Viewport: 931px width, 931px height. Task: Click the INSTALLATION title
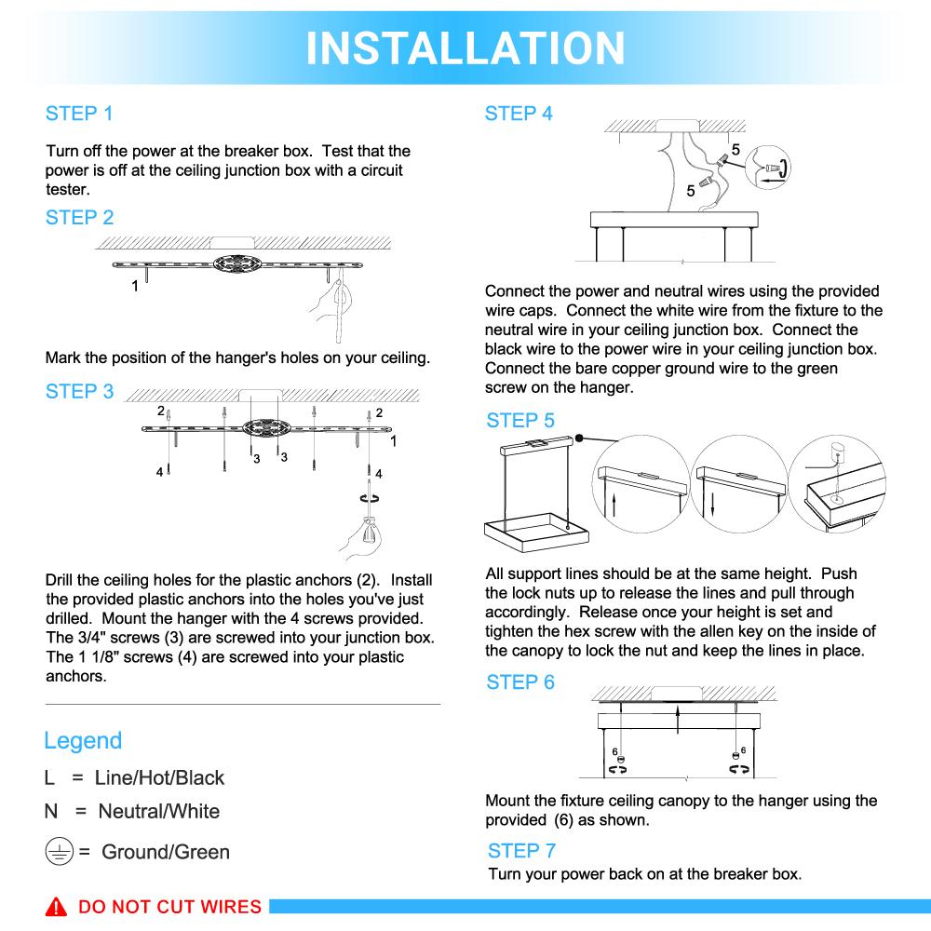coord(465,47)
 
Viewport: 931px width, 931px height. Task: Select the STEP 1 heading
coord(79,114)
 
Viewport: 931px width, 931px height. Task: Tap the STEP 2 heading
coord(79,218)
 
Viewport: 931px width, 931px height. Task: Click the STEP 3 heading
coord(79,392)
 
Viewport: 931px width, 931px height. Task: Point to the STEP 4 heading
coord(519,114)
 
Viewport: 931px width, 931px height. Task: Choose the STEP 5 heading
coord(519,421)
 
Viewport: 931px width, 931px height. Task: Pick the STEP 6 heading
coord(519,682)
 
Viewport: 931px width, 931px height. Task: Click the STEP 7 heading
coord(521,850)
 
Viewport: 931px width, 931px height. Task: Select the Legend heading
coord(83,741)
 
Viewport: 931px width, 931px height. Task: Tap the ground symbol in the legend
coord(59,851)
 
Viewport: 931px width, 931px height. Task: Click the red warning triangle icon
coord(59,907)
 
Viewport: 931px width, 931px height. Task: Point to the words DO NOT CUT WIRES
coord(169,907)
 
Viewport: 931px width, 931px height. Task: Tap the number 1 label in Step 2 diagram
coord(135,286)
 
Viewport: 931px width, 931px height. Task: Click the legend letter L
coord(49,778)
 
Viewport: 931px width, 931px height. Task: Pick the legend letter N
coord(51,811)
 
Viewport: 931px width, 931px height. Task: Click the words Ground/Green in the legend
coord(165,852)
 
